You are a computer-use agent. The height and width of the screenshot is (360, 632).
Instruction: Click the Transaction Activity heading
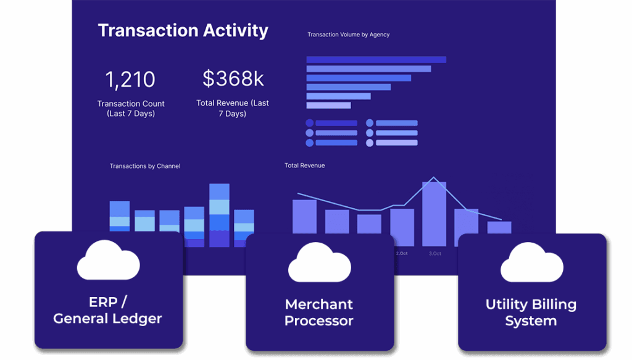[183, 31]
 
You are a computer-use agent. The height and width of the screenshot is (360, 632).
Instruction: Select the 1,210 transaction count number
[130, 80]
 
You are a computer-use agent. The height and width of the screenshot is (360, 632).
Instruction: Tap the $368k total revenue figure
[233, 78]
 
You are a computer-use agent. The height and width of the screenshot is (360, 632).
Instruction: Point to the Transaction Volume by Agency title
[348, 35]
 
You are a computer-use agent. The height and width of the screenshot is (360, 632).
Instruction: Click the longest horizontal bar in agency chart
[376, 60]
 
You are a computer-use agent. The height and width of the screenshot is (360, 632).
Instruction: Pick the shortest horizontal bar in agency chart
[328, 105]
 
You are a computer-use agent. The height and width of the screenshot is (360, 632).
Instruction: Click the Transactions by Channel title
[145, 166]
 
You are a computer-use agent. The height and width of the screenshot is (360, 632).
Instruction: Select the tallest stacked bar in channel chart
[219, 216]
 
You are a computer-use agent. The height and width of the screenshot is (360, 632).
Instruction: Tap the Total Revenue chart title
[305, 165]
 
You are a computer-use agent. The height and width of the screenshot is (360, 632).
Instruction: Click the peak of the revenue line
[434, 177]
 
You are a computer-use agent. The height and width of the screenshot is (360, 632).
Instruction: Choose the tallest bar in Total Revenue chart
[434, 214]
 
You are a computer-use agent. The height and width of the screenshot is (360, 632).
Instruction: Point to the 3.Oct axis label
[435, 254]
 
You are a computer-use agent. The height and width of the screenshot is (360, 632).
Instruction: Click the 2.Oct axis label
[401, 254]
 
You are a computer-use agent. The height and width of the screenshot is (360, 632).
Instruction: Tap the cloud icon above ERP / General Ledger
[109, 260]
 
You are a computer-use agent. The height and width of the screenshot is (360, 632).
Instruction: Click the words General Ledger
[107, 319]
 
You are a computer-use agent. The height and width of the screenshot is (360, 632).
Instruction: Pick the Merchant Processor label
[319, 312]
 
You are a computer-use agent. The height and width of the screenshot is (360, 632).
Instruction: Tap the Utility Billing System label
[531, 312]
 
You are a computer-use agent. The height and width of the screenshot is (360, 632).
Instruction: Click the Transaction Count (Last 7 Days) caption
[131, 109]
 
